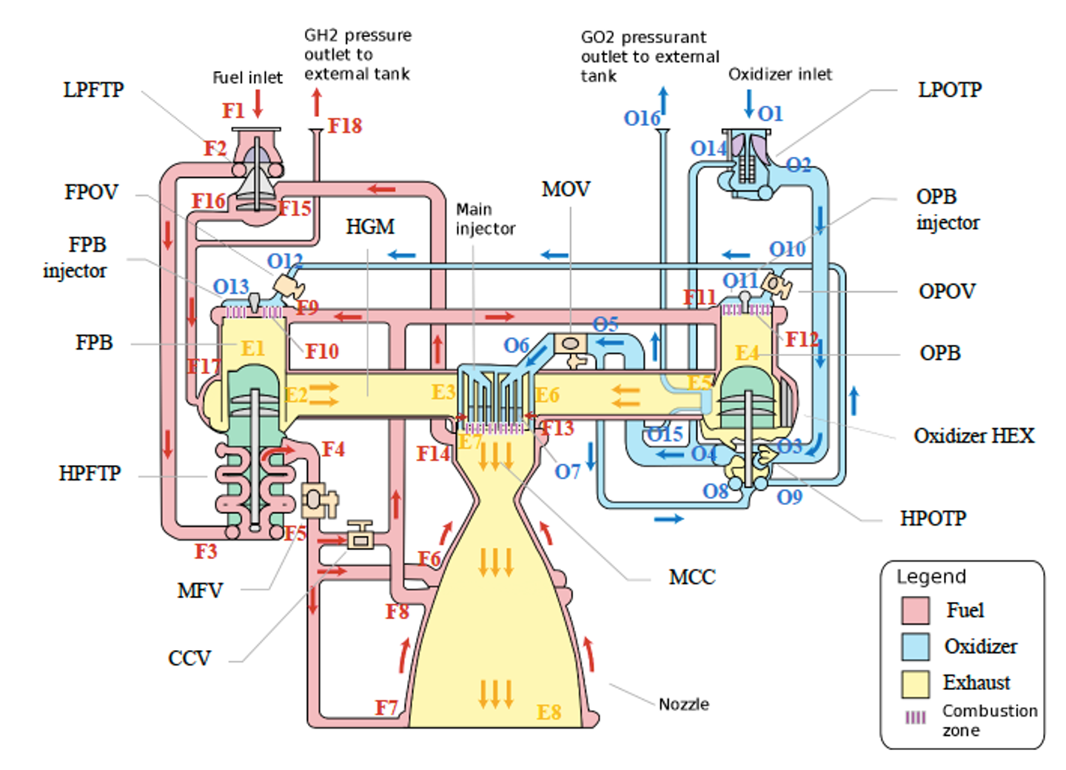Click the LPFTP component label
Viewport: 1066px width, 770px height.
[93, 90]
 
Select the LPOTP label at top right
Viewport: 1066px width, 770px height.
[950, 90]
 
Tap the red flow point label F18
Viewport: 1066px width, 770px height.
[345, 126]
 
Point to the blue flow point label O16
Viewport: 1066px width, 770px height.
[641, 118]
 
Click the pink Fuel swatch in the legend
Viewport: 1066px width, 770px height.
[915, 611]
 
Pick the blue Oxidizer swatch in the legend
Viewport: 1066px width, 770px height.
[915, 646]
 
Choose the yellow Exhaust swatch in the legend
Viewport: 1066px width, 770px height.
[915, 683]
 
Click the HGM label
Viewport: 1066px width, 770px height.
[370, 227]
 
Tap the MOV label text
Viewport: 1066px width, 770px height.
[566, 190]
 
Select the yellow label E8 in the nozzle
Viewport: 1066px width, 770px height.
[549, 712]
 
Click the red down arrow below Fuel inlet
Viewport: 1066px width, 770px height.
[258, 104]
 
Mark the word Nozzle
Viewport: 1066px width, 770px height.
[683, 704]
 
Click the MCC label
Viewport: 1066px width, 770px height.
[692, 577]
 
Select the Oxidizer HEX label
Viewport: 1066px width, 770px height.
[973, 436]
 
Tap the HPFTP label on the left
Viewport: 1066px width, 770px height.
[90, 474]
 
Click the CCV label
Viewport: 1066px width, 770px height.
[190, 658]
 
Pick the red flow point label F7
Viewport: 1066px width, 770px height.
[386, 708]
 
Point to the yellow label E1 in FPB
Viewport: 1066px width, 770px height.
[252, 349]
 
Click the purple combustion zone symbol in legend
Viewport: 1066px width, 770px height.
[916, 717]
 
